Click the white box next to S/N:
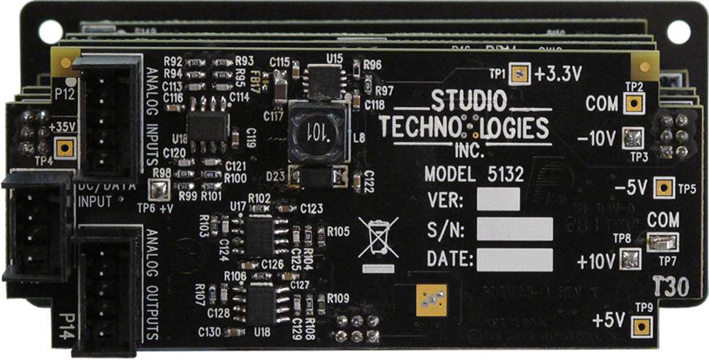tap(515, 230)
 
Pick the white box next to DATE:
tap(515, 259)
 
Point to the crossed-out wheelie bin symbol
tap(378, 238)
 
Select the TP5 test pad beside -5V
tap(664, 188)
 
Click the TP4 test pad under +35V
tap(65, 148)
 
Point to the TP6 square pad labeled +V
tap(157, 189)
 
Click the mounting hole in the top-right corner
tap(679, 31)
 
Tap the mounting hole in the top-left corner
tap(50, 31)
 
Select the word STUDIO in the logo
tap(469, 100)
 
